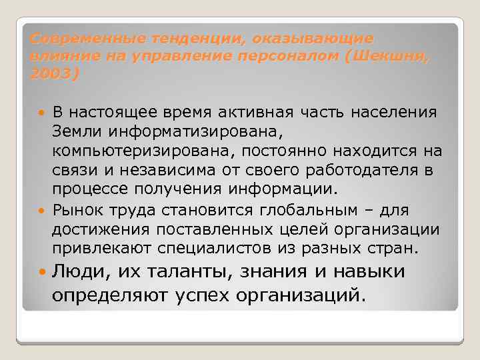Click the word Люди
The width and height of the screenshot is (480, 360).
[x=79, y=272]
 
